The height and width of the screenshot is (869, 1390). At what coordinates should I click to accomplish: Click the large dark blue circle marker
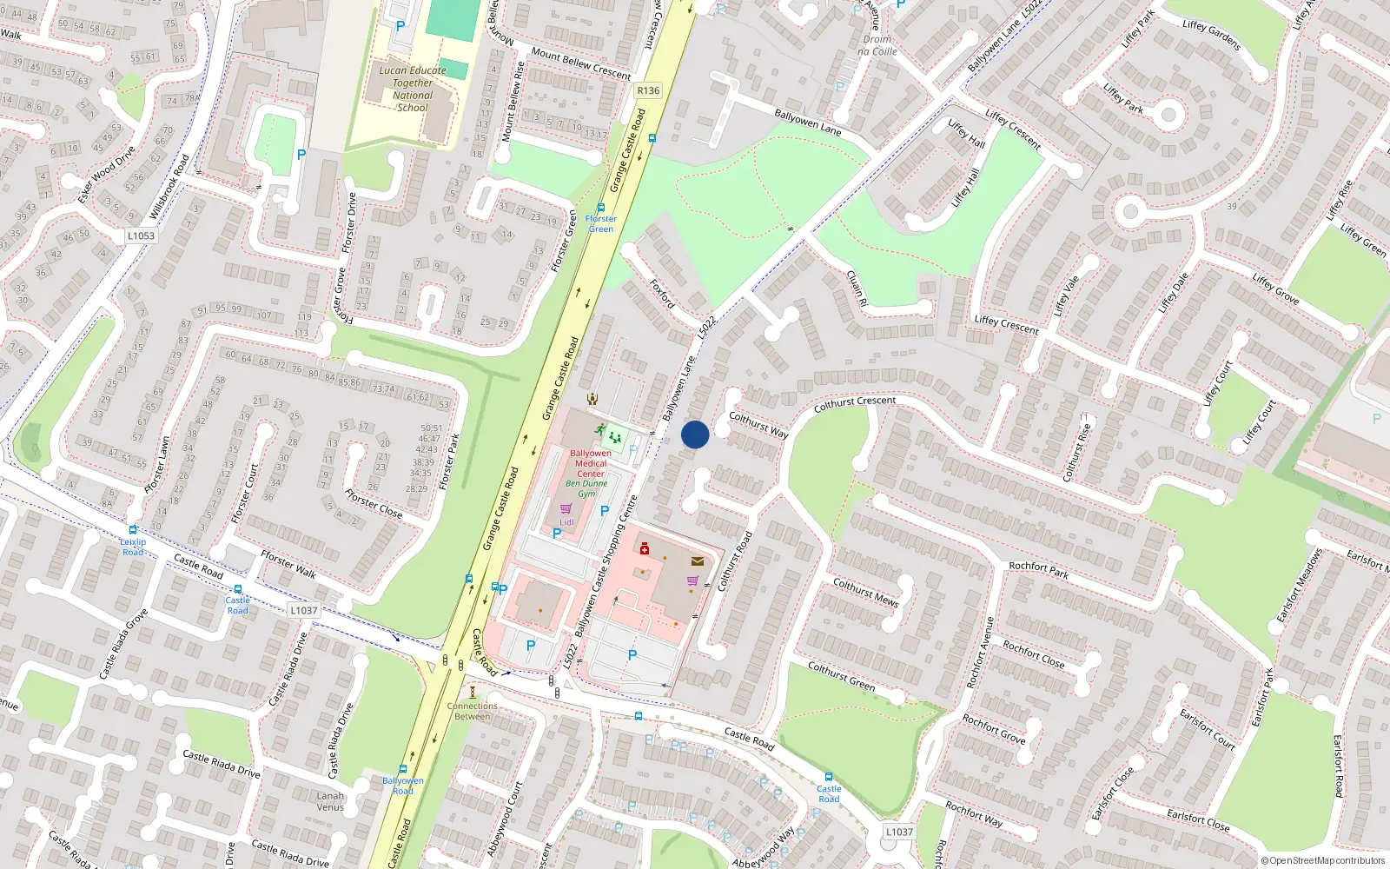695,434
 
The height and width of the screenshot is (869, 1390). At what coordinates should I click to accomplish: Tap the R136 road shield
648,90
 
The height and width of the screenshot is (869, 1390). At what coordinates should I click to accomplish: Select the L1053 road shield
141,235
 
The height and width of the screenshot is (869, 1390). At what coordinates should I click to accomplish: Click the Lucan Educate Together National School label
413,89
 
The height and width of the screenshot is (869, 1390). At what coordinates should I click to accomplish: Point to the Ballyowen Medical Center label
591,463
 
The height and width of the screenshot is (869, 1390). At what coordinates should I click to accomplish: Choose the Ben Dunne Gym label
587,488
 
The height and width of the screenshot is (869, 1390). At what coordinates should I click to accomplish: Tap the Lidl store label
566,522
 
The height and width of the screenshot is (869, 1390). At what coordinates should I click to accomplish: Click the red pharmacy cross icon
644,549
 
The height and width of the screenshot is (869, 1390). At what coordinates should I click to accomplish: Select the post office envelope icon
697,561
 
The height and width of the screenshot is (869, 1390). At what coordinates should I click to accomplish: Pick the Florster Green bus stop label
600,223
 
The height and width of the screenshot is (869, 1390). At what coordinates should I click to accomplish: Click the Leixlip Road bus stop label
133,547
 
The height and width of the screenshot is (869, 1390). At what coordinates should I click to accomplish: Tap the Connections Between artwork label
473,711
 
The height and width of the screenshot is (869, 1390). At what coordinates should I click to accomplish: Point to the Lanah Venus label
330,801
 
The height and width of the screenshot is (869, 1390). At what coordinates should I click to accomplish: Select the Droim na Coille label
877,45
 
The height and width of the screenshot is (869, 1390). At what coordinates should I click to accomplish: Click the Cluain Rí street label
857,289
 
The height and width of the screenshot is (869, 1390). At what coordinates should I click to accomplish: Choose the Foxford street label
662,294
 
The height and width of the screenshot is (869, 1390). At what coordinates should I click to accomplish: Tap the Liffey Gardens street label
1211,35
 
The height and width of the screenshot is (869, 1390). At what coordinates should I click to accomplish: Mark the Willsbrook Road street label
169,187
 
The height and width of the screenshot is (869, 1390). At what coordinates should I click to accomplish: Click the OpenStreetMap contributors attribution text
1323,860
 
